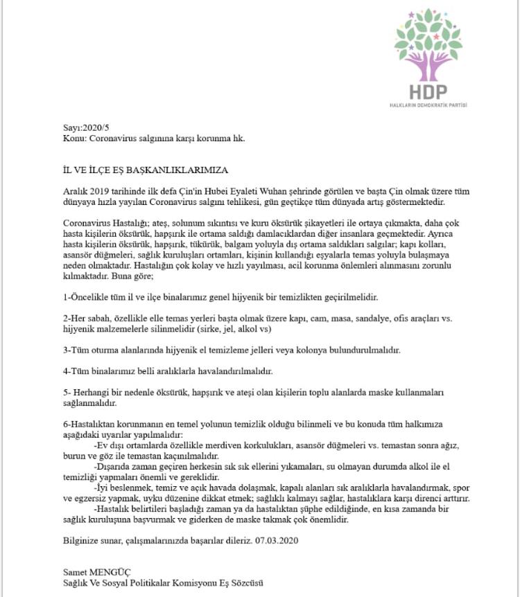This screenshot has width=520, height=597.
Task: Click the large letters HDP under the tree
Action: (427, 91)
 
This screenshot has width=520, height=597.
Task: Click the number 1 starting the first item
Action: (65, 296)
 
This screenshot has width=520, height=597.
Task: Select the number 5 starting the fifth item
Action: (65, 392)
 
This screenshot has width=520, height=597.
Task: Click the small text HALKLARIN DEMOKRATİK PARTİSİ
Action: (428, 105)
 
